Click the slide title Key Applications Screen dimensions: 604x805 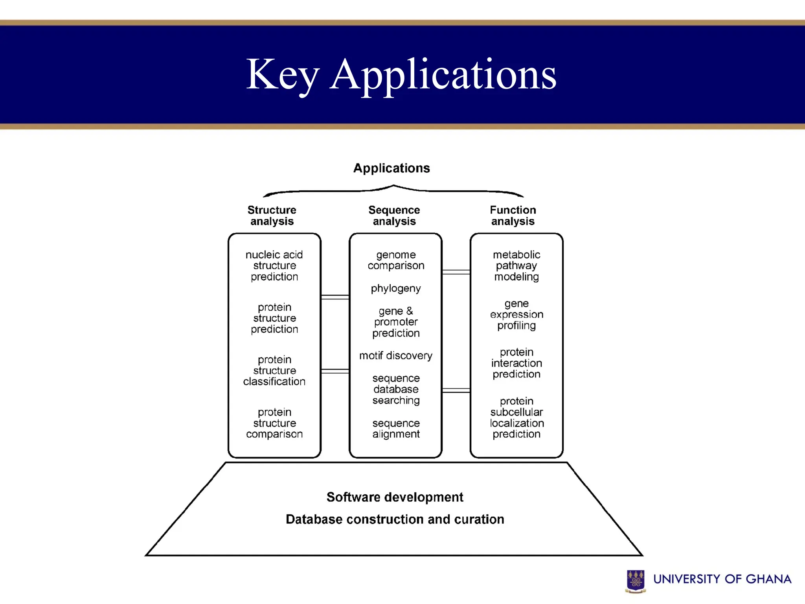[x=401, y=75]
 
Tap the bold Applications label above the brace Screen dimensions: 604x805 [x=391, y=168]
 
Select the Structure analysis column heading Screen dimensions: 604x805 [x=272, y=215]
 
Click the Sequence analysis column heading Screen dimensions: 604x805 [x=394, y=215]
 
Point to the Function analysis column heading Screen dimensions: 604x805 [x=513, y=215]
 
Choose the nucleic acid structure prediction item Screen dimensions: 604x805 [x=274, y=266]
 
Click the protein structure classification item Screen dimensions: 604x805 [x=274, y=370]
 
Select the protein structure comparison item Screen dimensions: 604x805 [x=274, y=423]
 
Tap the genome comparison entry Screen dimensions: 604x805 [x=396, y=260]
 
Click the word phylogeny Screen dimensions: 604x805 [x=396, y=289]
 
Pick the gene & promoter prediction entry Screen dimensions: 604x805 [x=396, y=322]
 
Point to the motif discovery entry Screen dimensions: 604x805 [x=396, y=355]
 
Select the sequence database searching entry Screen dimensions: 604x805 [x=396, y=389]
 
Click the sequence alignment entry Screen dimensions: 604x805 [x=396, y=429]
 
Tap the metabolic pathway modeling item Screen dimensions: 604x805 [x=516, y=266]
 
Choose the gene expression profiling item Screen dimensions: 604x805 [x=516, y=315]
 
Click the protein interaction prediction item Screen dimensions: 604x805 [x=516, y=363]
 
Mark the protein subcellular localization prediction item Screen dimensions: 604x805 [x=516, y=418]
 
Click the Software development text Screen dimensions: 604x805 [x=395, y=497]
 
